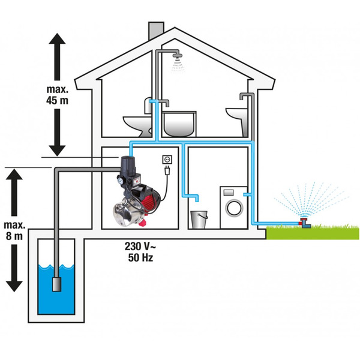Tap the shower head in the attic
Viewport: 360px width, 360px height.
tap(177, 58)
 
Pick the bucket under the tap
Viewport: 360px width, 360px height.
tap(199, 218)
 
